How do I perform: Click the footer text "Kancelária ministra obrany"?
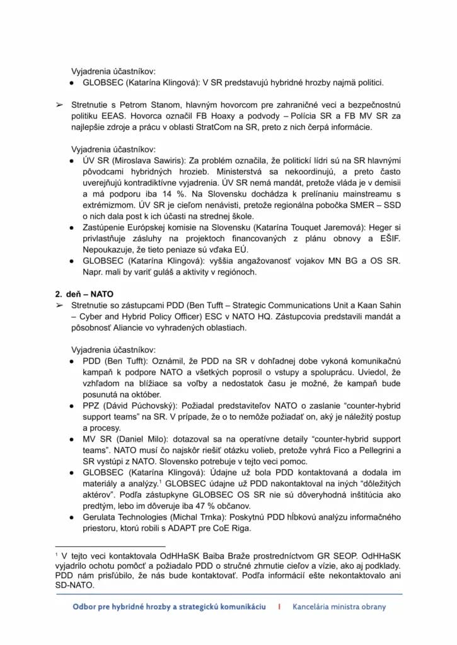pos(339,607)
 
